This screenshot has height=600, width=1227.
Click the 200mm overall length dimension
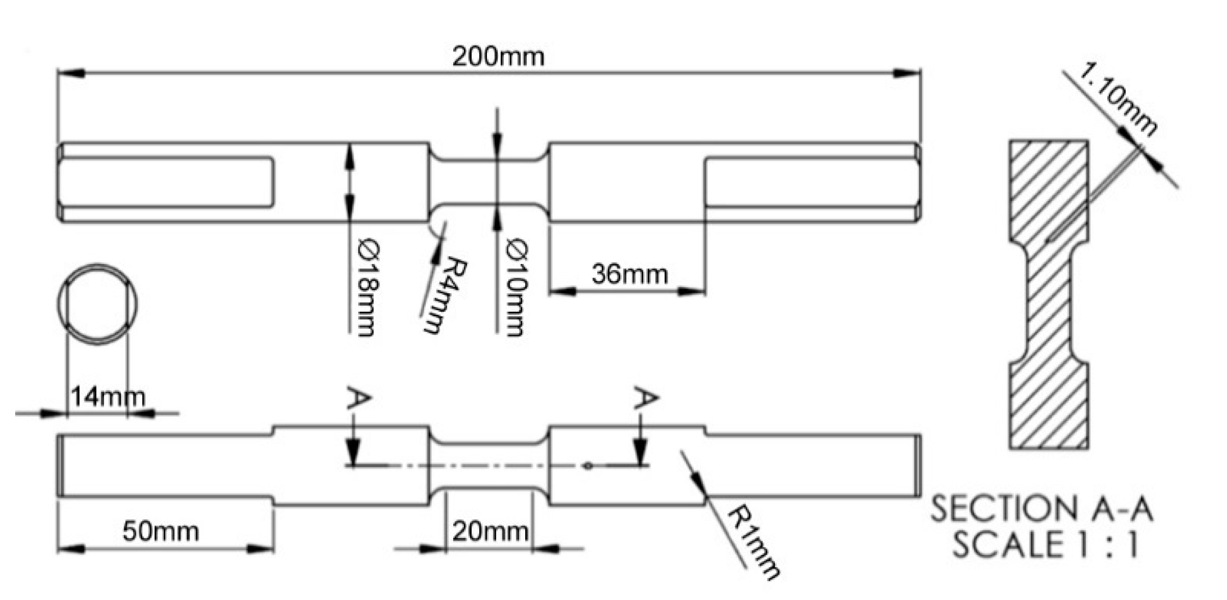tap(498, 57)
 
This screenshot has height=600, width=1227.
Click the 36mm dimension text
tap(629, 275)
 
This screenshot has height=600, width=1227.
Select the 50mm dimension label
tap(161, 531)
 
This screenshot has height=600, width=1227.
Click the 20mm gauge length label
tap(490, 531)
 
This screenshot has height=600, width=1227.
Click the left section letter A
tap(359, 398)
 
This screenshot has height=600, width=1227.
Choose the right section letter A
tap(646, 398)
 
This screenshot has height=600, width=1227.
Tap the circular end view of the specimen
tap(97, 304)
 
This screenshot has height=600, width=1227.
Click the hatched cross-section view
tap(1049, 294)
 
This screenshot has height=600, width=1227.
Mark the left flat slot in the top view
tap(166, 182)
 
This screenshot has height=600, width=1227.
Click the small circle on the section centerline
tap(588, 465)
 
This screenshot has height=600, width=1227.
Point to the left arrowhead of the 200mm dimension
tap(70, 73)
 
